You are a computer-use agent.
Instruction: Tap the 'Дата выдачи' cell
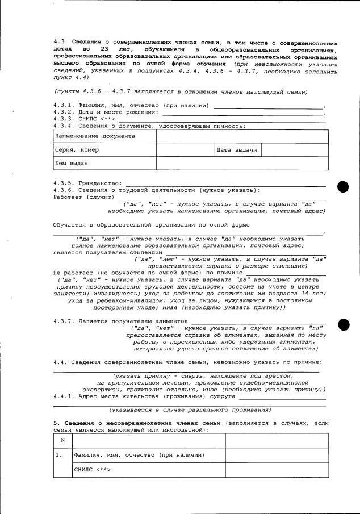coord(237,150)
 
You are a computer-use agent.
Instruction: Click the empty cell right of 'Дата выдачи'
coord(295,150)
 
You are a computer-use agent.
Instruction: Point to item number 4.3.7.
coord(64,321)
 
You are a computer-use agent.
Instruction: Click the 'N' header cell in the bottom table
coord(62,441)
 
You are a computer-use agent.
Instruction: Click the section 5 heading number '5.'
coord(56,423)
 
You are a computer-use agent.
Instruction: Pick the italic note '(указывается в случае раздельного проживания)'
coord(190,410)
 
